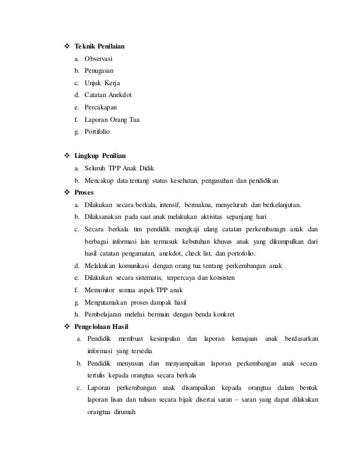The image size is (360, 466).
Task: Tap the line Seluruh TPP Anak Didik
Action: coord(115,169)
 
